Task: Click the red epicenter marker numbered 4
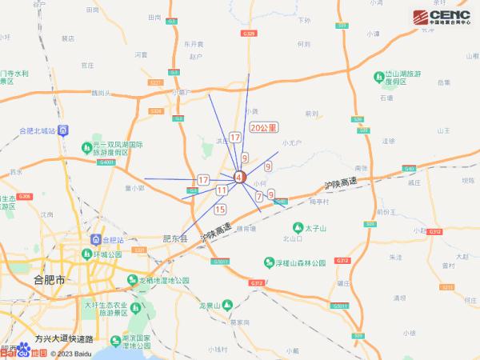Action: (x=238, y=177)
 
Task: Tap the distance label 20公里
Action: (x=263, y=127)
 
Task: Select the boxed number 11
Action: (x=221, y=190)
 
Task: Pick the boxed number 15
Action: (x=221, y=210)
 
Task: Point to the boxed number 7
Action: (x=259, y=195)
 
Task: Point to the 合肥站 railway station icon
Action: (x=96, y=239)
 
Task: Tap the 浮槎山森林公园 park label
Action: (x=296, y=263)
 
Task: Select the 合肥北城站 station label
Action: (x=37, y=130)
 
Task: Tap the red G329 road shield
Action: (x=248, y=34)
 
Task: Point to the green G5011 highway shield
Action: (x=340, y=306)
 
